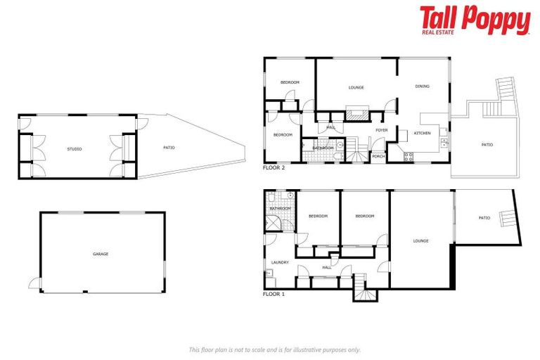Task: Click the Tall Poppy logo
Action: coord(475,20)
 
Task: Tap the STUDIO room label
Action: coord(74,149)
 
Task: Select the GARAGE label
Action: coord(101,254)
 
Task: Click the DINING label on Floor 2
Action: coord(422,86)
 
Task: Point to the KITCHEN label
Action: coord(422,133)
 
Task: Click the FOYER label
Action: coord(382,130)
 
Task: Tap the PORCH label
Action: coord(378,156)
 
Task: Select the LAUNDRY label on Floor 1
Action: coord(280,262)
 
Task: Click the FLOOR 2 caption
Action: coord(274,169)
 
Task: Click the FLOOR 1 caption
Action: coord(274,294)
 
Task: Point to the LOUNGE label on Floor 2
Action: coord(356,88)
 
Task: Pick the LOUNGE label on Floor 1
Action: coord(420,241)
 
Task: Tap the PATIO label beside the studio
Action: coord(169,148)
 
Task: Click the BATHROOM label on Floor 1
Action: coord(280,208)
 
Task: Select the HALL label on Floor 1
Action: coord(327,267)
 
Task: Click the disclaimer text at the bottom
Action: coord(274,349)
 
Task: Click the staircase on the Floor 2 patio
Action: coord(506,91)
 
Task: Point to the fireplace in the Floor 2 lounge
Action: coord(356,112)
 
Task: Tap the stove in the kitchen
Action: coord(408,157)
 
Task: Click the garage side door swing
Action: coord(34,283)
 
